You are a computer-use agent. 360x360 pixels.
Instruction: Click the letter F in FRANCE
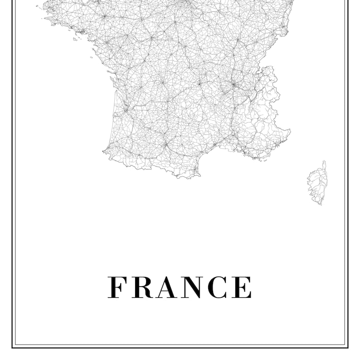pos(116,287)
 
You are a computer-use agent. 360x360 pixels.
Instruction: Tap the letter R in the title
pos(142,287)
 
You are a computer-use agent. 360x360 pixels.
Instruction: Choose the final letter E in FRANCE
pos(242,287)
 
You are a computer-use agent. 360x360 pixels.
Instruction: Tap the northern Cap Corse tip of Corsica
pos(324,162)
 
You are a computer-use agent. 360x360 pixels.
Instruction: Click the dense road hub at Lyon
pos(233,84)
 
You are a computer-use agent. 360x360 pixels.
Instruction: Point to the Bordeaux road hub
pos(126,109)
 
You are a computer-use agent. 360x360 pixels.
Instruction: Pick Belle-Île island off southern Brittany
pos(74,39)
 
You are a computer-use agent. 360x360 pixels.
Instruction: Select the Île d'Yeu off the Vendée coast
pos(91,57)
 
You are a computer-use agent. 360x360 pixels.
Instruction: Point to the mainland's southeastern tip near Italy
pos(289,131)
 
